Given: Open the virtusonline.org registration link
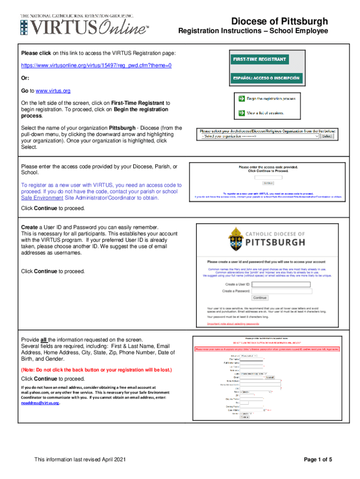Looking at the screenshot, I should tap(96, 66).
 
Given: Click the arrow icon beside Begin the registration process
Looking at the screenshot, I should tap(241, 99).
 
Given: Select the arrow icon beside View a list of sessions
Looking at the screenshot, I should tap(241, 113).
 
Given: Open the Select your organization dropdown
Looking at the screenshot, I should tap(260, 137).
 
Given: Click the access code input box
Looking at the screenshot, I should tap(268, 177).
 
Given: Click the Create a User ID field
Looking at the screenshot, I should tap(281, 284).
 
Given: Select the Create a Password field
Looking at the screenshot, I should tap(281, 291).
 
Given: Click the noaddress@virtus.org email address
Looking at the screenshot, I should tap(40, 402).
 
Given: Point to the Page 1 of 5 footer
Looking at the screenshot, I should tap(318, 460).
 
